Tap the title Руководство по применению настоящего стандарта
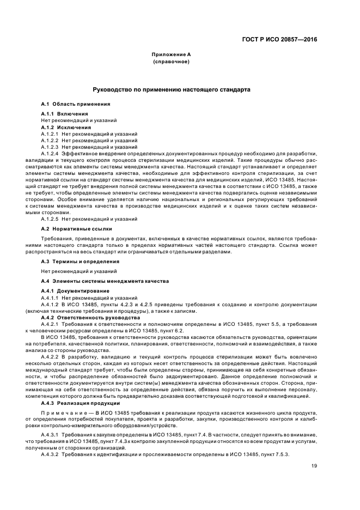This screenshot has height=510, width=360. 171,89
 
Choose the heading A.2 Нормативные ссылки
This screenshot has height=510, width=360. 69,229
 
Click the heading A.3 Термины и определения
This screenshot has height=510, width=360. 73,262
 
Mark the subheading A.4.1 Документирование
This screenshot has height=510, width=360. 72,292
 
